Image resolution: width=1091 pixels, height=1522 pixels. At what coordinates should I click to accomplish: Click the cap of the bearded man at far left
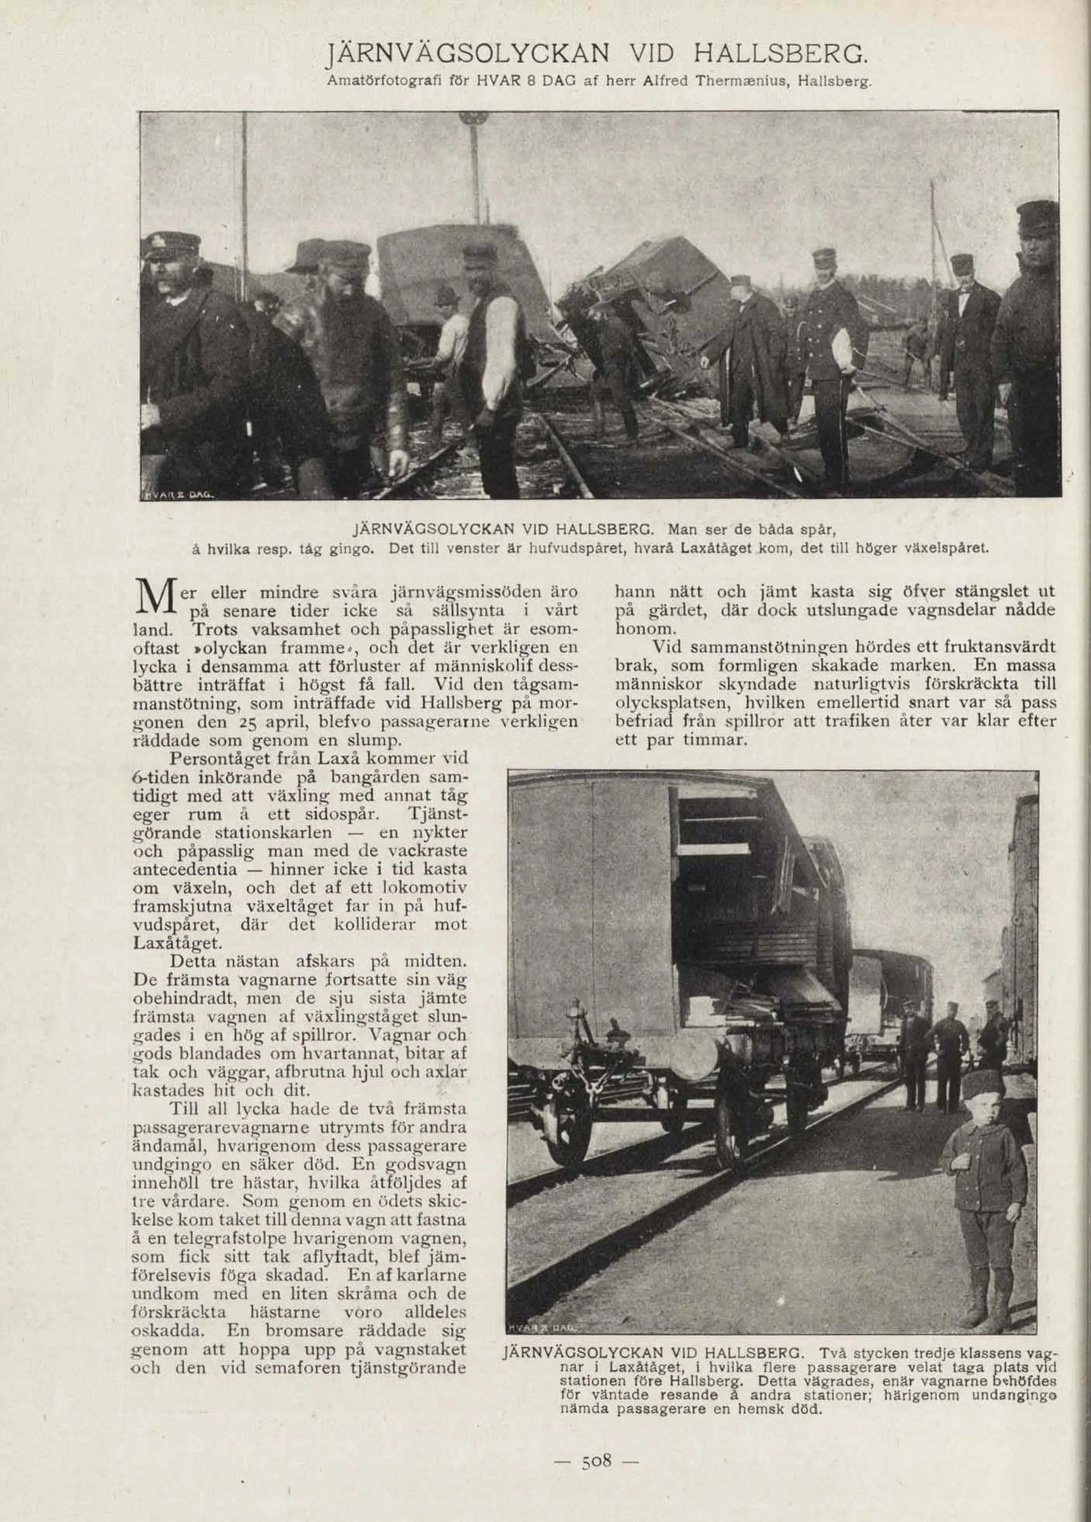170,244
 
